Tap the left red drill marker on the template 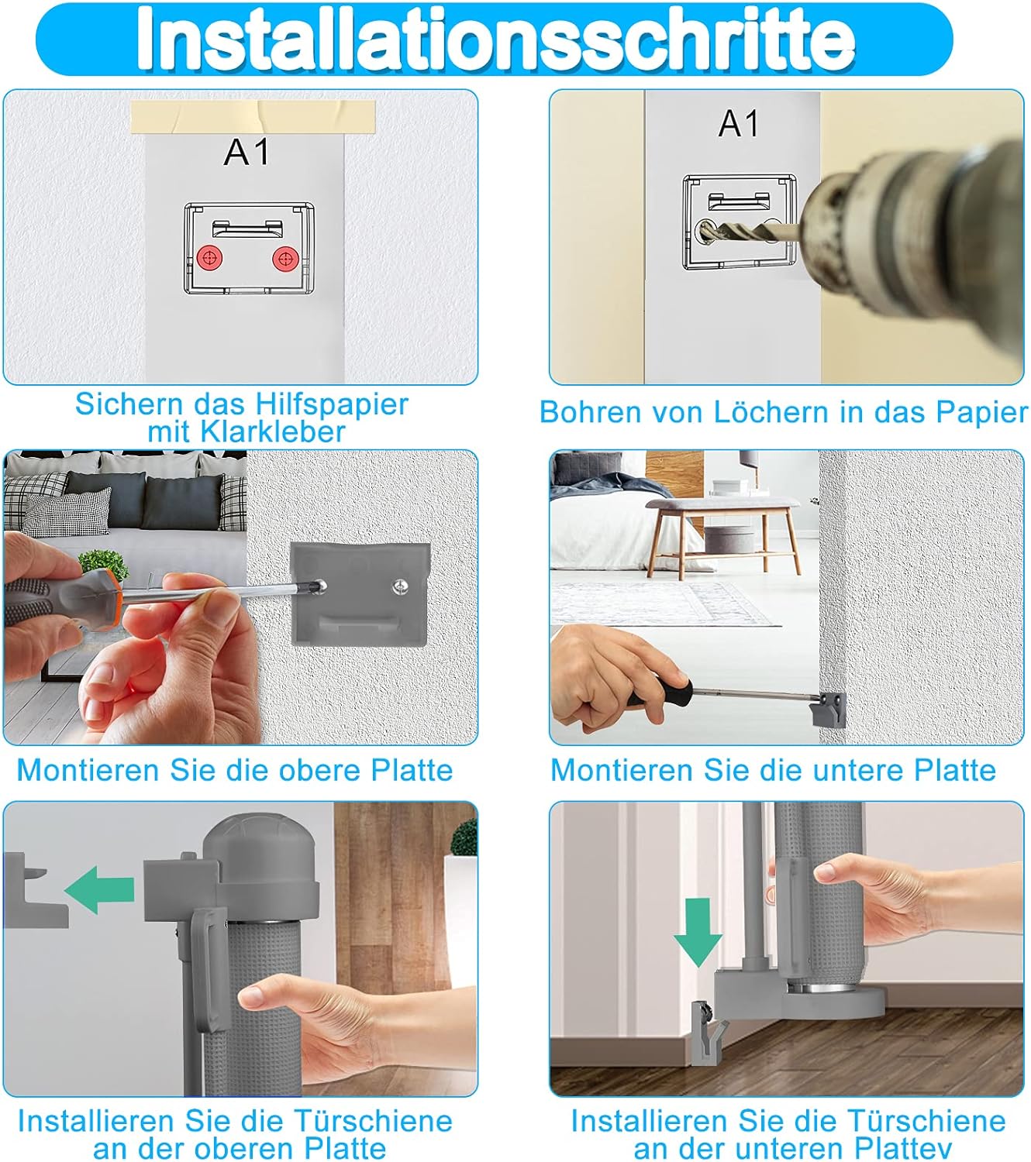[210, 260]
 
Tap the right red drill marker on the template [284, 260]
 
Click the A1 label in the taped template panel [247, 153]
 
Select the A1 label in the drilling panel [739, 123]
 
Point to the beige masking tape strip [253, 116]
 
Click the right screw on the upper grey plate [399, 586]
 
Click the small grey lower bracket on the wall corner [828, 709]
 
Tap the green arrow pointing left [99, 889]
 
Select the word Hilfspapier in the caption [332, 405]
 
